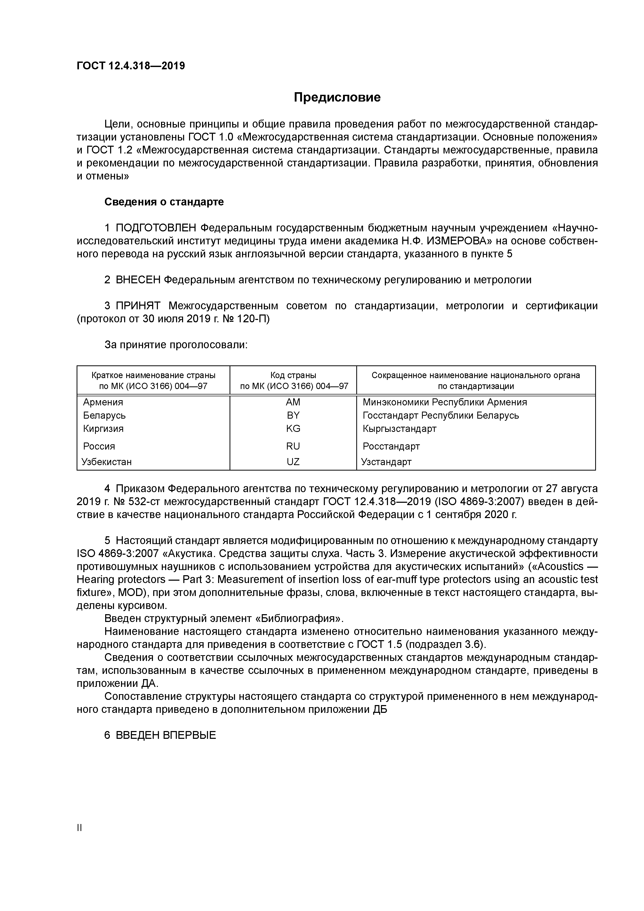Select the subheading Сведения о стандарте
(164, 202)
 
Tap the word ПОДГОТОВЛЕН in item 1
(156, 228)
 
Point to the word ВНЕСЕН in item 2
(138, 280)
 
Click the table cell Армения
(103, 402)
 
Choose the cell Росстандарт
(391, 446)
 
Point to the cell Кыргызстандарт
(400, 429)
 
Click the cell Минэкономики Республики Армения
(445, 402)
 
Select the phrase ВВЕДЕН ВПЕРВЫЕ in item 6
(166, 735)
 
